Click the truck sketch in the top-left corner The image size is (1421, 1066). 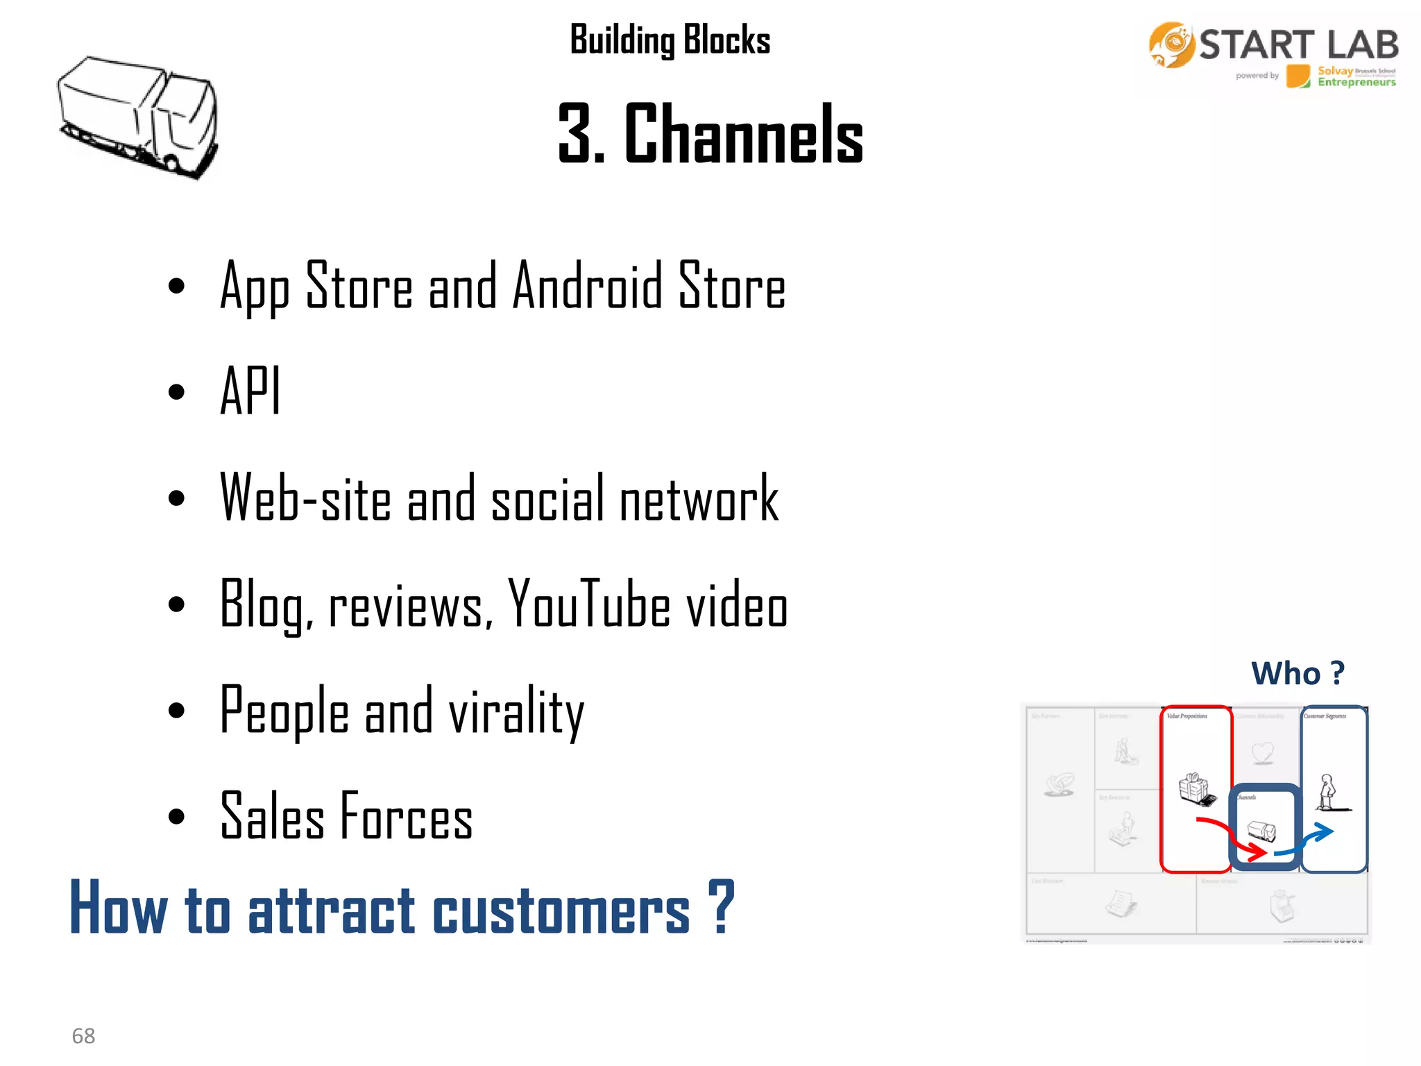[137, 117]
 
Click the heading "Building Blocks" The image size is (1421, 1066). [670, 40]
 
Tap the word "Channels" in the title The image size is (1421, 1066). [744, 133]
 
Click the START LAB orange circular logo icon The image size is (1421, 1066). [1171, 45]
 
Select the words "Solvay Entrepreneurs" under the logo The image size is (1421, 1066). [1356, 76]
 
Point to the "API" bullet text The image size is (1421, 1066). [250, 391]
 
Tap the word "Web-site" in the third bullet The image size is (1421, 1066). [305, 498]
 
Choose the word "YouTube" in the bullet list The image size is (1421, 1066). [588, 604]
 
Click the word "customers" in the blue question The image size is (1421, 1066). [561, 910]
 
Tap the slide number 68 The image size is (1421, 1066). [83, 1035]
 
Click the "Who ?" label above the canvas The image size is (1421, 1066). [1297, 673]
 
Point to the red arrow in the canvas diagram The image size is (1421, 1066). [1232, 836]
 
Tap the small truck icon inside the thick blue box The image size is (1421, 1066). [1261, 830]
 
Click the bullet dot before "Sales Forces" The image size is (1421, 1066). [177, 817]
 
